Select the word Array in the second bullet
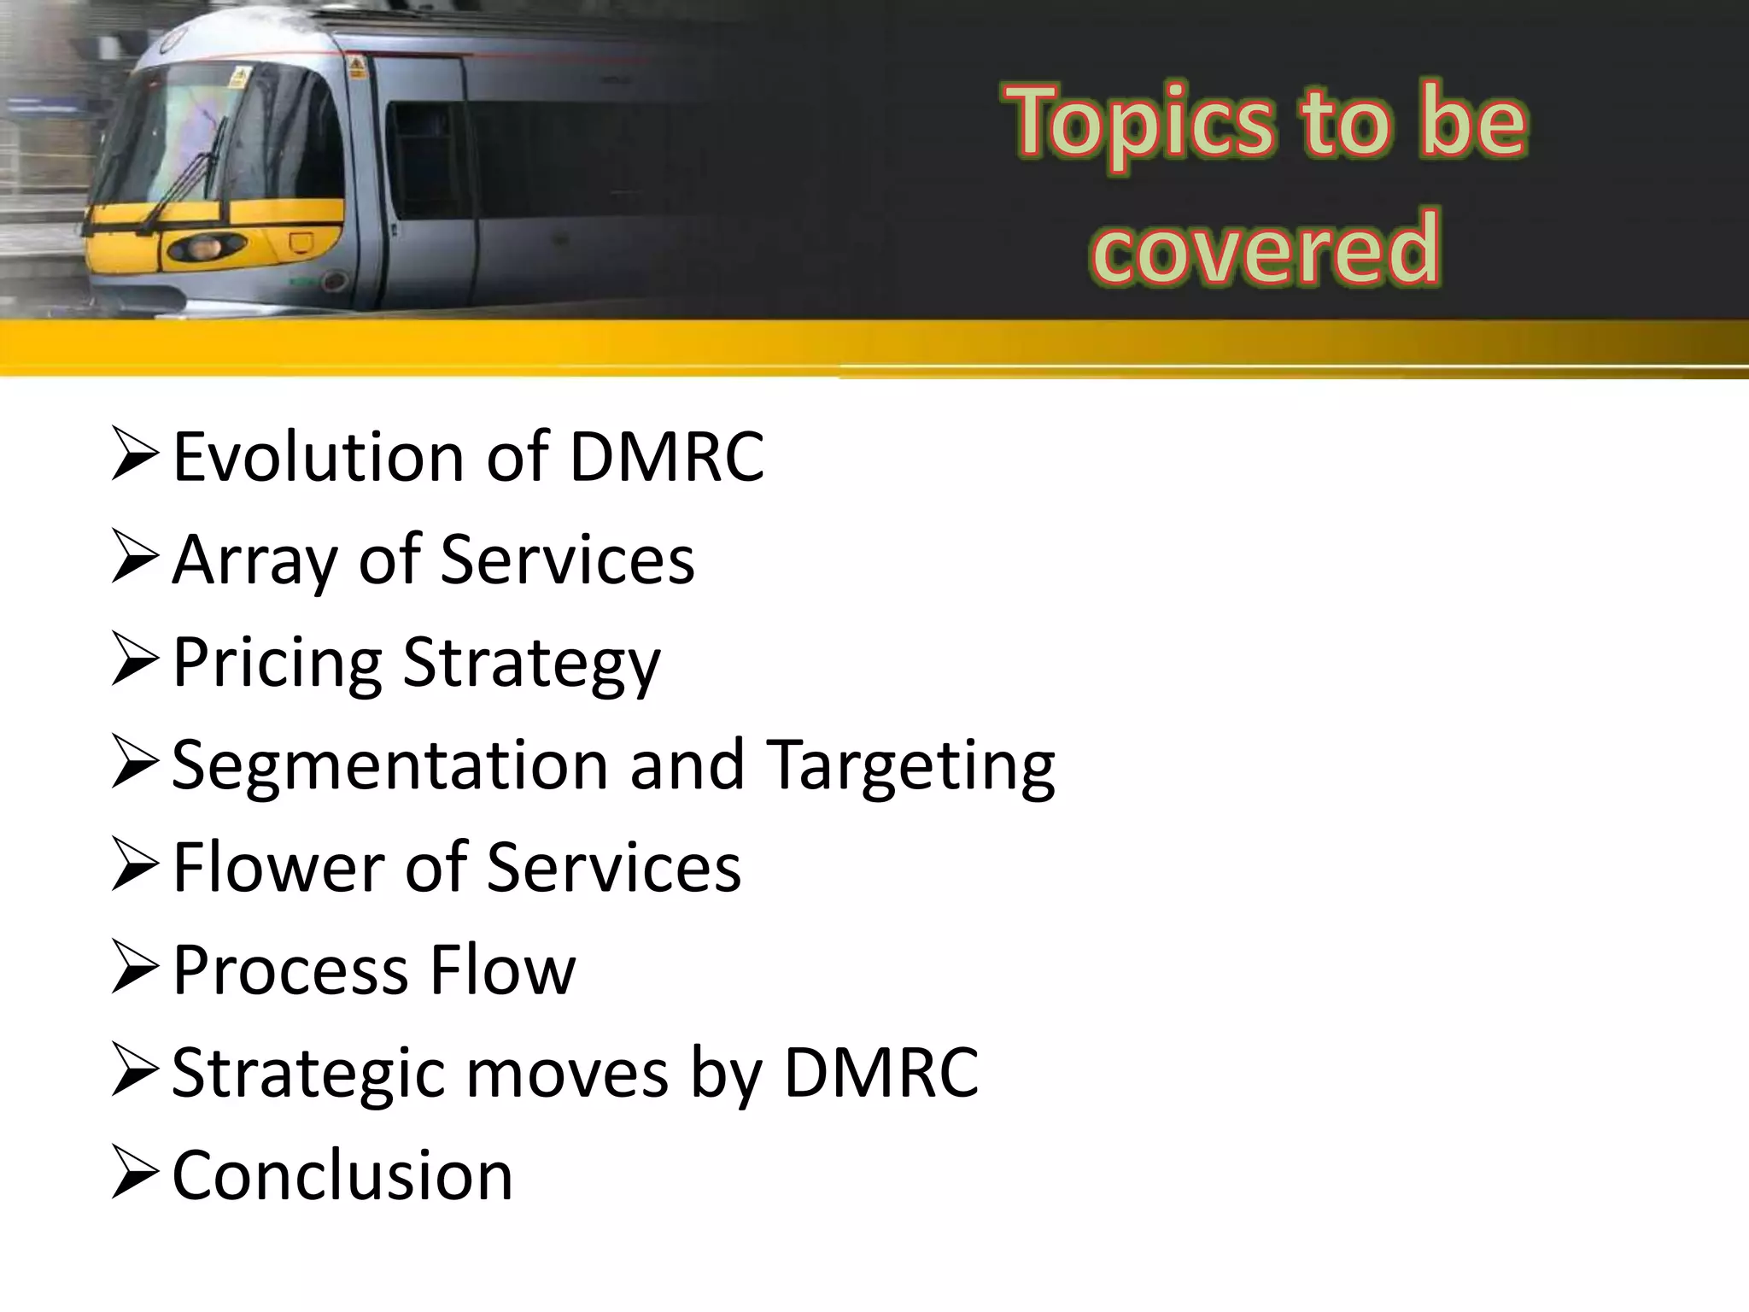point(254,561)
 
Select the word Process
point(290,969)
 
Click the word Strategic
point(308,1074)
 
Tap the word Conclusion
point(342,1175)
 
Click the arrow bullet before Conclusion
point(134,1175)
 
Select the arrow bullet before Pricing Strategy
point(134,662)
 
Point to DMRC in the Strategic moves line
point(880,1072)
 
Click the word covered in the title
point(1266,248)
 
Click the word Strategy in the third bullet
point(531,664)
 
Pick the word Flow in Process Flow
point(503,969)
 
